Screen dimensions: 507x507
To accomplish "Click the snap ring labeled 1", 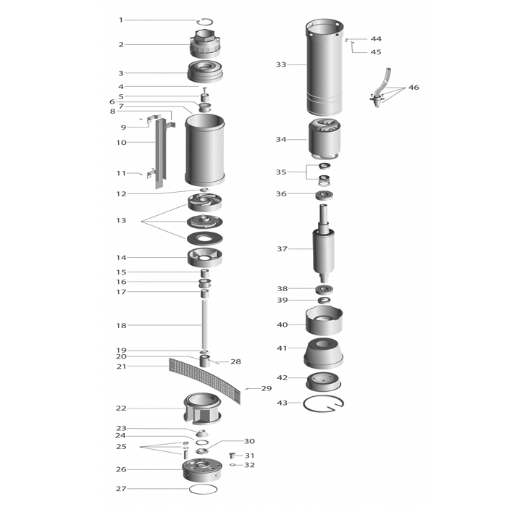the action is click(x=205, y=19).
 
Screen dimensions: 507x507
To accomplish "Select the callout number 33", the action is click(x=281, y=64).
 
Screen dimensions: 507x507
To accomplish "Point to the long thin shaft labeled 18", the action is click(x=204, y=324).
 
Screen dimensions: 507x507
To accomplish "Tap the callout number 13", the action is click(x=121, y=220).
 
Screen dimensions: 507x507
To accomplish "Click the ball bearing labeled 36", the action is click(x=324, y=196).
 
